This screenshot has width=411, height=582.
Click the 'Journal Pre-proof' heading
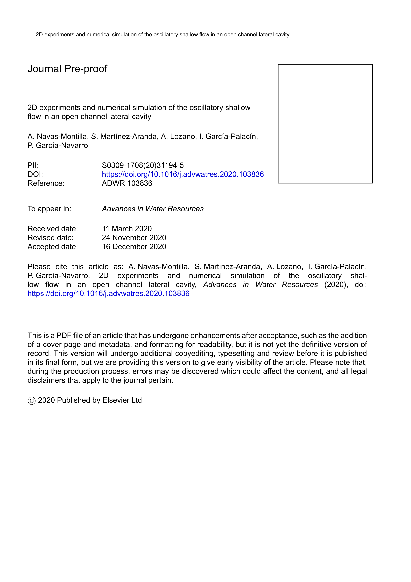coord(67,69)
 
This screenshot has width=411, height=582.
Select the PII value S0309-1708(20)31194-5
coord(143,166)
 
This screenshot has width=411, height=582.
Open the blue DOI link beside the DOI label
coord(183,174)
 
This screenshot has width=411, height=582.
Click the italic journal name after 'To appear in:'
coord(153,209)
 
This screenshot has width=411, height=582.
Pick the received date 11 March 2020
coord(127,229)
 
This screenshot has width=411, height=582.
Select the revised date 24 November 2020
coord(134,238)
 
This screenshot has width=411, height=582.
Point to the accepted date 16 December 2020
coord(134,247)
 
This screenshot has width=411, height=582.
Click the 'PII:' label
coord(33,166)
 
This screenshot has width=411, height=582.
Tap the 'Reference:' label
coord(46,183)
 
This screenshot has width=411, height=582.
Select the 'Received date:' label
coord(53,229)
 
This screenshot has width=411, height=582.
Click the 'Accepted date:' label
coord(53,247)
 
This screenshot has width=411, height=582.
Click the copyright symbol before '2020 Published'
coord(32,401)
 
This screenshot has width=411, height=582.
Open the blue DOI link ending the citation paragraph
coord(108,293)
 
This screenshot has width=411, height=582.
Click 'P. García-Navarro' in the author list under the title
coord(58,145)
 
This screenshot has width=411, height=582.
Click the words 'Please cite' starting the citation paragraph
coord(47,267)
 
